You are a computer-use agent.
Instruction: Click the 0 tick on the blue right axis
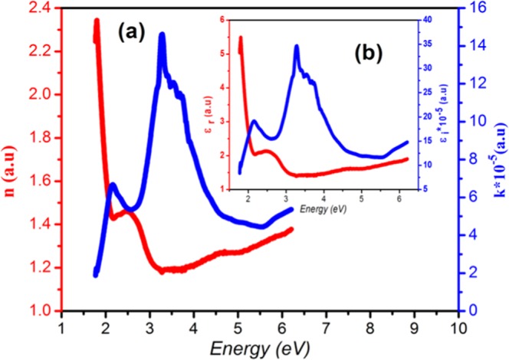pyautogui.click(x=473, y=311)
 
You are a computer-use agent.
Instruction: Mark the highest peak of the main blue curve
pyautogui.click(x=162, y=35)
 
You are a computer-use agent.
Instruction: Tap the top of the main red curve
pyautogui.click(x=97, y=21)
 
